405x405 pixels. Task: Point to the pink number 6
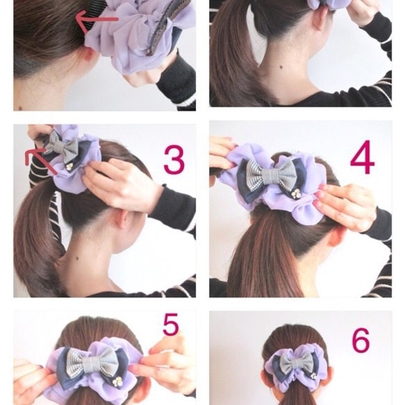360,340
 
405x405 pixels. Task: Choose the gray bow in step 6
296,362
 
